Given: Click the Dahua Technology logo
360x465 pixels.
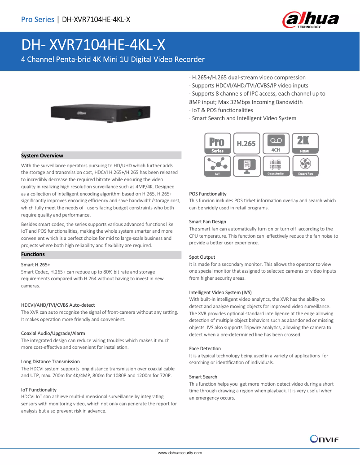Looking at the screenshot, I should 310,21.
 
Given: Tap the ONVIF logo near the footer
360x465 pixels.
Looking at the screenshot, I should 324,439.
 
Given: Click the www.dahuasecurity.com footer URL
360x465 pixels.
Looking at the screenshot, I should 180,453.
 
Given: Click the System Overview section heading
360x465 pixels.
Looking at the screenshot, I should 42,156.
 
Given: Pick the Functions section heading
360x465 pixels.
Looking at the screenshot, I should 33,254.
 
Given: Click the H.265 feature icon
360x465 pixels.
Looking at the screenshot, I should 246,143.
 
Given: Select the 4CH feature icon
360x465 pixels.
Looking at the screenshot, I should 276,143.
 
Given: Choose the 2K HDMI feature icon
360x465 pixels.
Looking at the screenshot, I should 305,143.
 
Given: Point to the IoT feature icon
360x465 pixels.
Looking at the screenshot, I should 218,165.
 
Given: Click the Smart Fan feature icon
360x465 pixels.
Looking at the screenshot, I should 305,165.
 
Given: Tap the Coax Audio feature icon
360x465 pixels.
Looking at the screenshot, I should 276,165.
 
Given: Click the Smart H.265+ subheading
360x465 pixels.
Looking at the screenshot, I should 36,265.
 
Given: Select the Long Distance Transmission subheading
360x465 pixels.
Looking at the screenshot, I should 50,361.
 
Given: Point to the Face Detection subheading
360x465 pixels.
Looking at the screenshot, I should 205,348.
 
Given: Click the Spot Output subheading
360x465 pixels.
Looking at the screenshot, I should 202,257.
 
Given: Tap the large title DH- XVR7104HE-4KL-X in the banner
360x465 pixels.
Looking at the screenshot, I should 93,44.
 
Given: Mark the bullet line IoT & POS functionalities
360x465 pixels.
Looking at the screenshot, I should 221,110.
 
